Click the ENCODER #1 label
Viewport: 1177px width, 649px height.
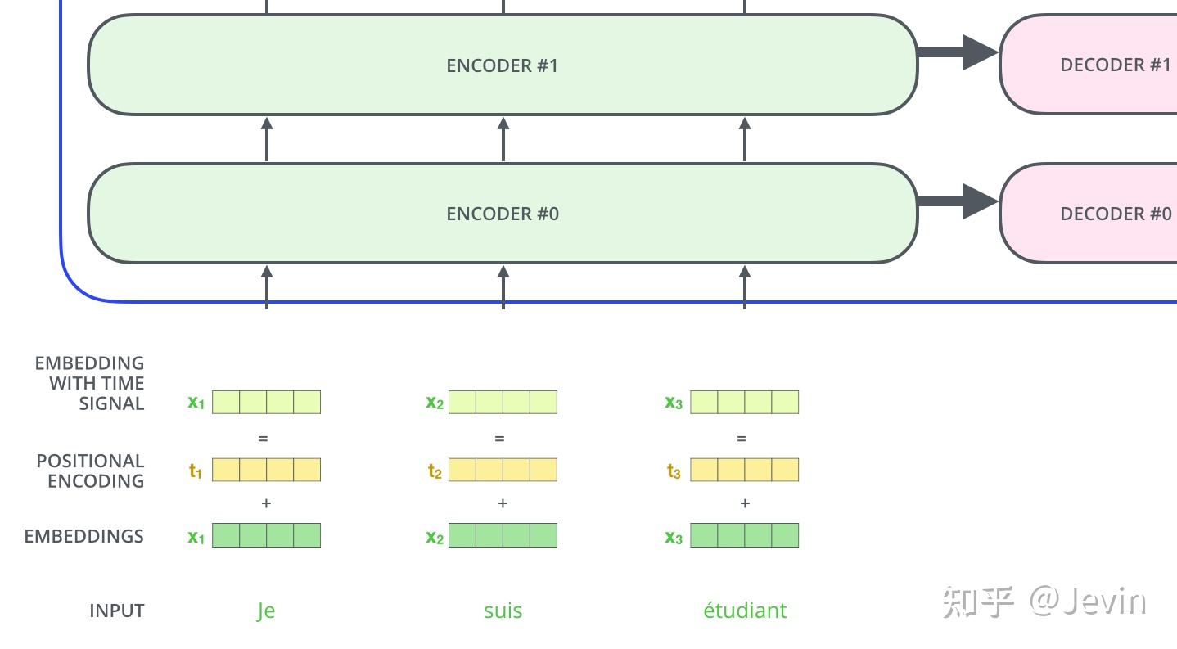point(502,65)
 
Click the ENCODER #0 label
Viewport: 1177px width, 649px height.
point(502,214)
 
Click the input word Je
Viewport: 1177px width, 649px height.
point(265,611)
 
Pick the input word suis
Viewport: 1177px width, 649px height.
point(503,611)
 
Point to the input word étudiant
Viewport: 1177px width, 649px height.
point(745,611)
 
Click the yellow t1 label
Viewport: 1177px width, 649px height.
point(196,471)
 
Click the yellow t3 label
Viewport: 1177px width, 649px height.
point(674,471)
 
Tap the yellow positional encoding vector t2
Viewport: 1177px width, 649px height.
point(503,470)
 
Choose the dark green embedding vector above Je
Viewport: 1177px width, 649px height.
point(266,536)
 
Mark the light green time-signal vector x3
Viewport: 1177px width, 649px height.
point(744,402)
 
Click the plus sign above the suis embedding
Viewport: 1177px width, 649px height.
point(503,503)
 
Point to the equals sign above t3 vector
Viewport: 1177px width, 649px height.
point(742,439)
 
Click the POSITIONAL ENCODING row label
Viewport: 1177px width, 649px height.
point(90,471)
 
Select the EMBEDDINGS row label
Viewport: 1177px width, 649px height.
point(83,536)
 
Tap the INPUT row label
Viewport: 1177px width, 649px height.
point(116,611)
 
